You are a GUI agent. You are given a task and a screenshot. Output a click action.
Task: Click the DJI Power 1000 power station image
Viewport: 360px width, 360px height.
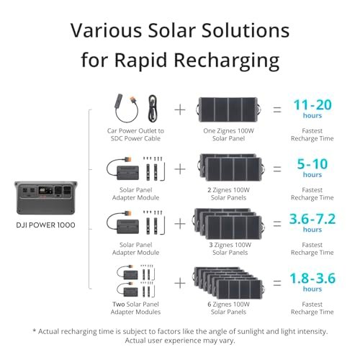tap(46, 198)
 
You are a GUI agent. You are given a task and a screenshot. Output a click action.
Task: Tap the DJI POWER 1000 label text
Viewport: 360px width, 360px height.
tap(45, 225)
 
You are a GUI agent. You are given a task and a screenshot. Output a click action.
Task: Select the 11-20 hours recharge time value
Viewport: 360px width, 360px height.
tap(312, 109)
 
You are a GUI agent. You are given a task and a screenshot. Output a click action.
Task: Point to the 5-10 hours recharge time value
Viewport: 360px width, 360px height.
tap(312, 168)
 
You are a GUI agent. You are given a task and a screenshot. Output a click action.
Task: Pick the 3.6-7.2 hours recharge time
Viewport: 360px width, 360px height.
tap(312, 222)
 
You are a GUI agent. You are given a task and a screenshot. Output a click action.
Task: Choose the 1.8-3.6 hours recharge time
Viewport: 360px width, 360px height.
tap(312, 282)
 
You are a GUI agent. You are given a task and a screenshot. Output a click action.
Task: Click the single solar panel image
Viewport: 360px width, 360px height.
tap(228, 109)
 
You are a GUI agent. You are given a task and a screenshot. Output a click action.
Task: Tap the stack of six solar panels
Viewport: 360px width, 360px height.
tap(228, 283)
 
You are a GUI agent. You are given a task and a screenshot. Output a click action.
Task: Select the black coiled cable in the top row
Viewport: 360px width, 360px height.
tap(153, 108)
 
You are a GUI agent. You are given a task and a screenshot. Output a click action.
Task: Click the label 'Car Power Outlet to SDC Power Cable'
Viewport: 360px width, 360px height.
tap(135, 135)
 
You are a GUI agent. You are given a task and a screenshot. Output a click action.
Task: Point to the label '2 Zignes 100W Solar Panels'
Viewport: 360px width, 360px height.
tap(228, 194)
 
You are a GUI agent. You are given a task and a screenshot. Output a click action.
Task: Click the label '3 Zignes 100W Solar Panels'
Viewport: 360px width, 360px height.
tap(230, 248)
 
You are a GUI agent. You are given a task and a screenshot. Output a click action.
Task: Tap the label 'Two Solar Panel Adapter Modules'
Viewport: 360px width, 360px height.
tap(135, 308)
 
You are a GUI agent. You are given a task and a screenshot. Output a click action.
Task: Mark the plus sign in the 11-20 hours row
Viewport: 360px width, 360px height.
tap(180, 110)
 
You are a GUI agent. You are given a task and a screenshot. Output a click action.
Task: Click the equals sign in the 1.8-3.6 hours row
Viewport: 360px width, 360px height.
tap(277, 283)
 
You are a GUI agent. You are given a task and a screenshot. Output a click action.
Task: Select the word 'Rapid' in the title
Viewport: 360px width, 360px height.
tap(140, 60)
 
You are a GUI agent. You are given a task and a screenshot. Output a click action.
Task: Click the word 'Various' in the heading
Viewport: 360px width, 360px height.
tap(107, 30)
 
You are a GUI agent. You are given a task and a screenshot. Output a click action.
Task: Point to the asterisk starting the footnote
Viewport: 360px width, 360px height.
tap(35, 330)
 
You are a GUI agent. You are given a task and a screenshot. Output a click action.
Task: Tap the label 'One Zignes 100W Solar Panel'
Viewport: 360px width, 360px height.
tap(228, 135)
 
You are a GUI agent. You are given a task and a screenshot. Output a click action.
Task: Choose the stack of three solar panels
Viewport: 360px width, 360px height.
tap(229, 224)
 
